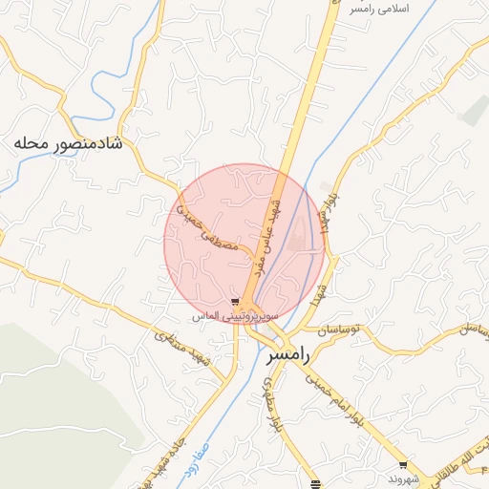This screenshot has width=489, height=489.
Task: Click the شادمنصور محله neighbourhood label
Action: tap(71, 143)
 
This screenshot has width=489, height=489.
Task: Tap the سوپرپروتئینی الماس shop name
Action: tap(234, 315)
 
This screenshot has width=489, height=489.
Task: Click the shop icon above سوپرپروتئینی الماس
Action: tap(235, 302)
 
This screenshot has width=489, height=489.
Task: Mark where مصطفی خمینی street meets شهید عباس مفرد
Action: tap(254, 258)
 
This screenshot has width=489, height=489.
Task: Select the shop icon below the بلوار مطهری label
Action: tap(316, 484)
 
